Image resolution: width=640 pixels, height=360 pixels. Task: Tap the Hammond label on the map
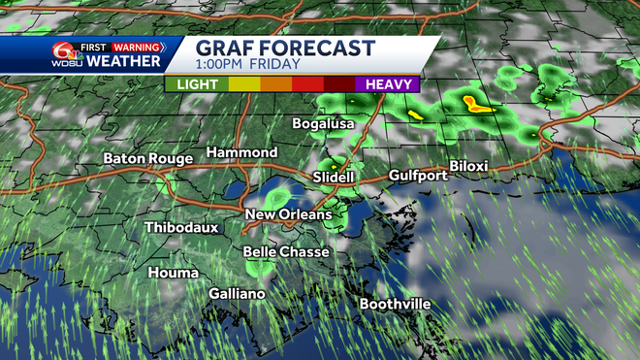(241, 153)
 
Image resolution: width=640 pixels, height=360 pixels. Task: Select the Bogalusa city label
(325, 124)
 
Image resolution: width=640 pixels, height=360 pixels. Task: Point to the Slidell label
(335, 178)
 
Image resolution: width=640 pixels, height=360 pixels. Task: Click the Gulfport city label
(418, 176)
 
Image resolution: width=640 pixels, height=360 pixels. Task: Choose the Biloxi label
(468, 166)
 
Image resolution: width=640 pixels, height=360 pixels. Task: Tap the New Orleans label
(288, 214)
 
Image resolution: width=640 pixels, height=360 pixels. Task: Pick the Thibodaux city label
(181, 227)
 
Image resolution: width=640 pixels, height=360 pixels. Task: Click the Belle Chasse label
(286, 252)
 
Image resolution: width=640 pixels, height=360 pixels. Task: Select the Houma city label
(174, 273)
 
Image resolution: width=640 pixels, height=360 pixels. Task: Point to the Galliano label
(238, 293)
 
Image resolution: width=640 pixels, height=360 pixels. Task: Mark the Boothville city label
(395, 304)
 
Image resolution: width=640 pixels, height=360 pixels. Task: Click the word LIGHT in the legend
(197, 84)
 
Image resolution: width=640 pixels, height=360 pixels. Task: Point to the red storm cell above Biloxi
(475, 102)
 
